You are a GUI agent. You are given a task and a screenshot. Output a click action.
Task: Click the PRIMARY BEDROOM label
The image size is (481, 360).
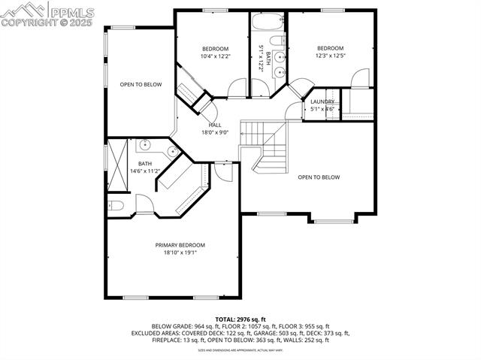click(180, 245)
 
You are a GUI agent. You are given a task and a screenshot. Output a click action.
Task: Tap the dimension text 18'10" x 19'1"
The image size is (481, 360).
click(180, 253)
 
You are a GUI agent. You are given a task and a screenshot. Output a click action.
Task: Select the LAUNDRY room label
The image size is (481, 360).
click(322, 101)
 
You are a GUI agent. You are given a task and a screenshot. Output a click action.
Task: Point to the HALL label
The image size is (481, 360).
click(214, 125)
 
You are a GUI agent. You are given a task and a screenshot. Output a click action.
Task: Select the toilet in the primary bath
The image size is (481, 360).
click(115, 205)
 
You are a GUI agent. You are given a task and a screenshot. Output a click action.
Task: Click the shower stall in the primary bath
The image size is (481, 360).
click(117, 165)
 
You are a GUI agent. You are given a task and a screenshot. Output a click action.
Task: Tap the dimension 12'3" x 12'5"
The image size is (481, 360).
click(330, 56)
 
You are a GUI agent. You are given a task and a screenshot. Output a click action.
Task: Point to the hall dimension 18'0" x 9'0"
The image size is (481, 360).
click(214, 133)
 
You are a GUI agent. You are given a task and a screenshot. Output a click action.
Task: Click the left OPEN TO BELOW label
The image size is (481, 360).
click(141, 85)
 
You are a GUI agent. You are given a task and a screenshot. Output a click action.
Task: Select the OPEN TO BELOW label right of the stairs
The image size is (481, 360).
click(318, 177)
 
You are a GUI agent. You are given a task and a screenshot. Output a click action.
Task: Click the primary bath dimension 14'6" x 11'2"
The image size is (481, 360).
click(144, 171)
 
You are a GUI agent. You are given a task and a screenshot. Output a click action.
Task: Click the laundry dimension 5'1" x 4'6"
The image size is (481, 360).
click(322, 109)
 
